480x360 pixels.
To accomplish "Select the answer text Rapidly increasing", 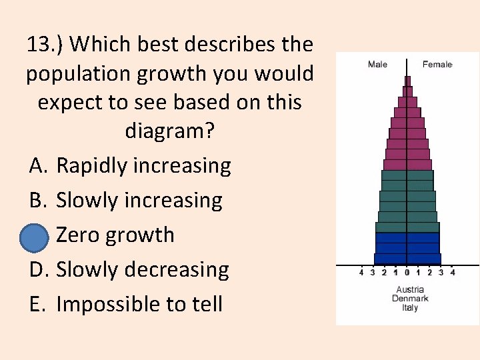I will click(143, 165).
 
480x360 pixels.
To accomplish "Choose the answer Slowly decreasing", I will click(142, 269).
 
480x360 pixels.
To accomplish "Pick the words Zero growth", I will click(115, 235).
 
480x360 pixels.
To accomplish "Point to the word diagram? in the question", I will click(170, 131).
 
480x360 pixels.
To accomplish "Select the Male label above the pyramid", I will click(377, 65).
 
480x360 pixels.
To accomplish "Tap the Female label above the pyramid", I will click(437, 65).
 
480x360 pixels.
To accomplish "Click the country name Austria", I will click(410, 289).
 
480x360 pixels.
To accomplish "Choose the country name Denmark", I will click(410, 298).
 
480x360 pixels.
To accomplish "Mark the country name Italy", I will click(410, 307).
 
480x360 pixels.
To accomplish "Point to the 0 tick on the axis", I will click(407, 272).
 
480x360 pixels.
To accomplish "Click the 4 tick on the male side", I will click(361, 272).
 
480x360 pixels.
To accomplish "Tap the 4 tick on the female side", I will click(453, 272).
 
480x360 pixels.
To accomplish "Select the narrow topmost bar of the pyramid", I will click(407, 81).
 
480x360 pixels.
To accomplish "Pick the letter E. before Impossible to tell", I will click(38, 304).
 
